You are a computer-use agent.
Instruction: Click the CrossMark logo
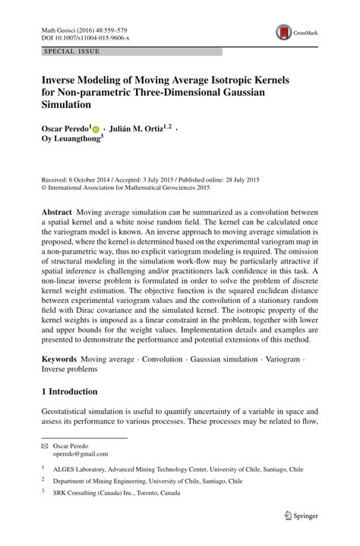coord(292,33)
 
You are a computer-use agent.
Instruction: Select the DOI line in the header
coord(74,36)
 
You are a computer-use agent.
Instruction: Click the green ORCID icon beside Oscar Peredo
coord(96,130)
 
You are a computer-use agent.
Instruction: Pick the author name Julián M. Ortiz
coord(141,129)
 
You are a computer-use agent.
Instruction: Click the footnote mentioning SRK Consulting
coord(122,492)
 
